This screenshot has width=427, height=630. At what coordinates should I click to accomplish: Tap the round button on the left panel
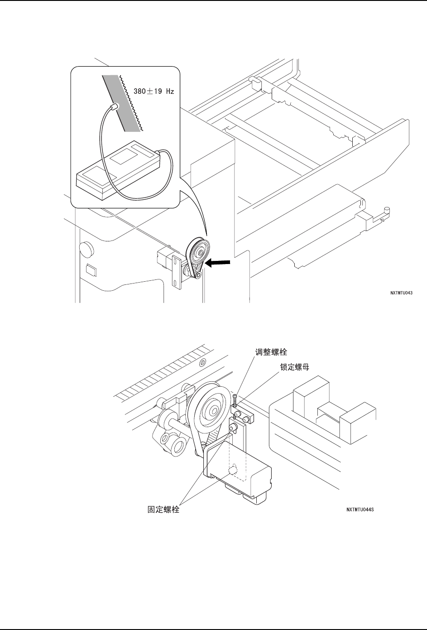click(x=84, y=248)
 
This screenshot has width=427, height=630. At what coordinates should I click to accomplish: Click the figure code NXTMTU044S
click(x=360, y=509)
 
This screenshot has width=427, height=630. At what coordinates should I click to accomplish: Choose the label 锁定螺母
click(x=294, y=367)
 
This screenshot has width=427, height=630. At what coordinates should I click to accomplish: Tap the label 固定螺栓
click(x=164, y=510)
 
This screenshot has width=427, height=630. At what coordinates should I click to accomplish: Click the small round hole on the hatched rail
click(x=203, y=361)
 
